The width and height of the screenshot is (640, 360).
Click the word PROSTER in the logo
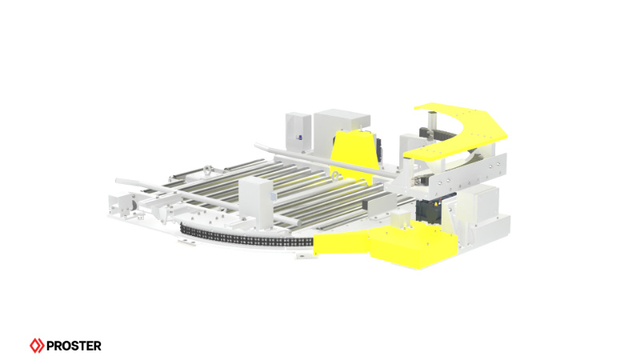(73, 346)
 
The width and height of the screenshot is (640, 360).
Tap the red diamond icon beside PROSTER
(37, 346)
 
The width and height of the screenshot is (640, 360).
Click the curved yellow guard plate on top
(460, 128)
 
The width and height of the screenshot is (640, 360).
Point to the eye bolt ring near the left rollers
(206, 170)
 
